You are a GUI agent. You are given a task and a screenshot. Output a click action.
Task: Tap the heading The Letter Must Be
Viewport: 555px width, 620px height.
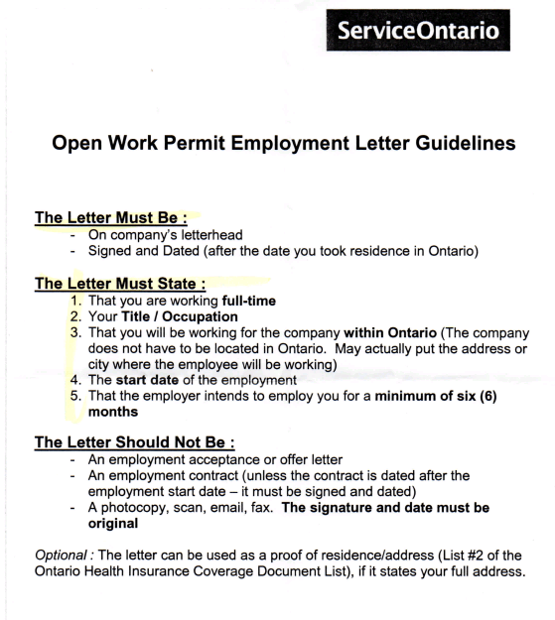[x=98, y=218]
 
